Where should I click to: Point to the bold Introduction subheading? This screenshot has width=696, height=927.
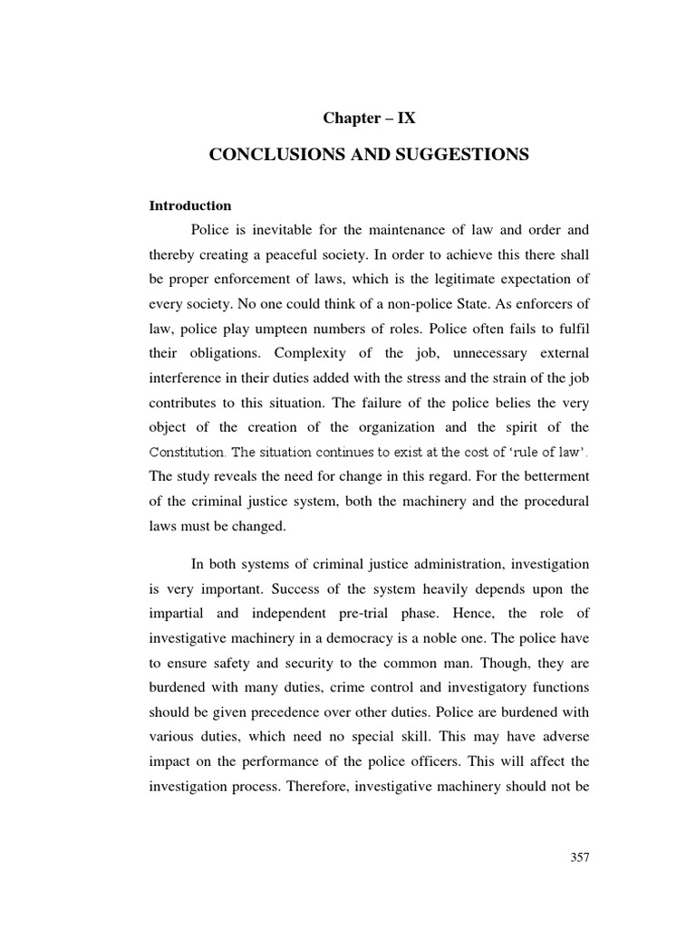(190, 205)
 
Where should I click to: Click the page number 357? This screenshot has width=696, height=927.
(580, 858)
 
